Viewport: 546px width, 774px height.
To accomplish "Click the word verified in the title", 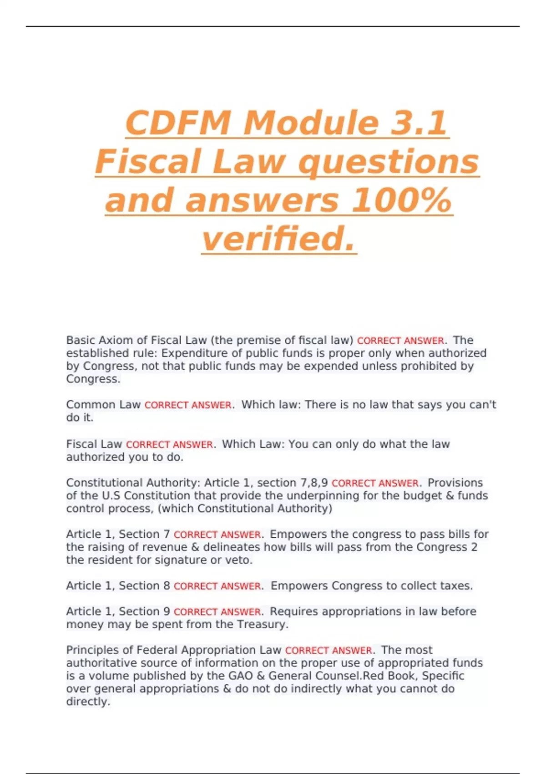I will tap(278, 239).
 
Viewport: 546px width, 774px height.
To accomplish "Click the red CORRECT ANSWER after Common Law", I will tap(188, 405).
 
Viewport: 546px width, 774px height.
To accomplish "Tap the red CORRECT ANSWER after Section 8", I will tap(217, 586).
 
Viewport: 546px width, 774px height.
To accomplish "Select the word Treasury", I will tap(263, 624).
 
